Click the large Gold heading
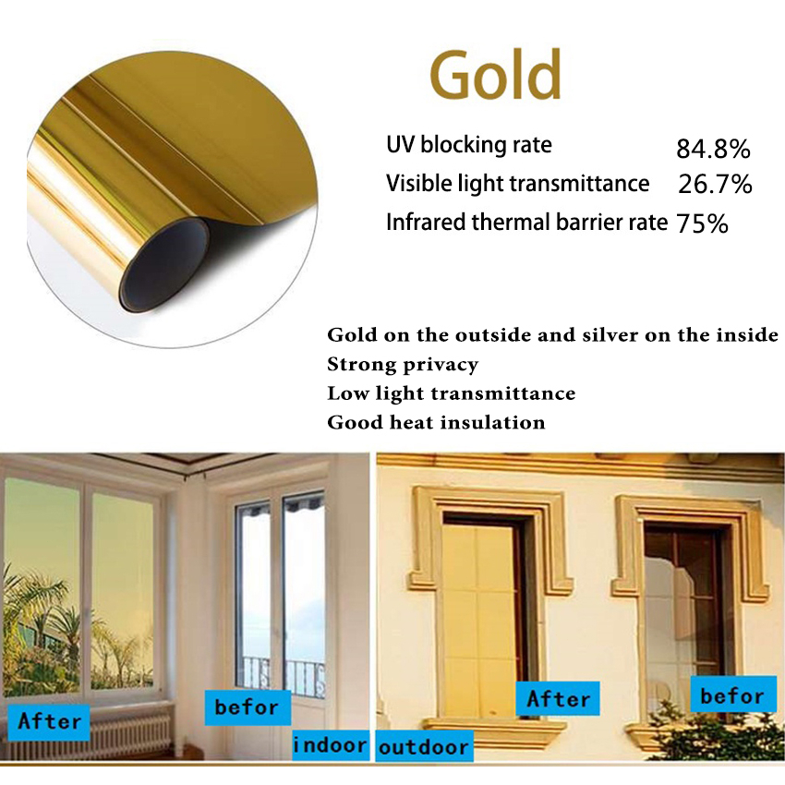[496, 74]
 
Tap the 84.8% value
[713, 149]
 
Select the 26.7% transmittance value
[715, 185]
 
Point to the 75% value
[702, 223]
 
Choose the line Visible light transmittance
[517, 184]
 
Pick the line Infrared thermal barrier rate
[526, 223]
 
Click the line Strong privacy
[403, 364]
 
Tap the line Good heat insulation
[436, 423]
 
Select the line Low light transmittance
[451, 393]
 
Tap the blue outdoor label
[424, 746]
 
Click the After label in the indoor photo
[50, 720]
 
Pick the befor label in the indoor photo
[247, 707]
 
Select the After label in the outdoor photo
[558, 699]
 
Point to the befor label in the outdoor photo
[731, 695]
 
